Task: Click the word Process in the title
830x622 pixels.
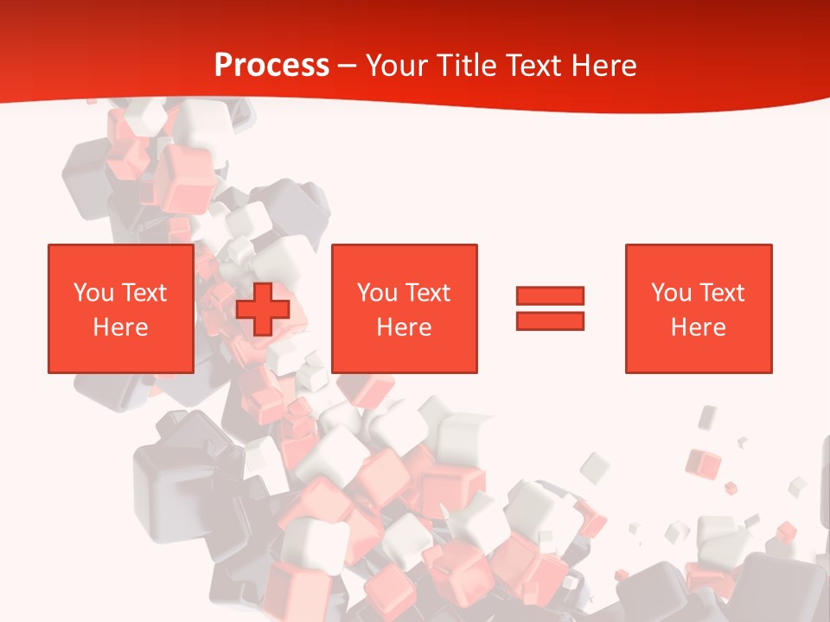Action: coord(271,66)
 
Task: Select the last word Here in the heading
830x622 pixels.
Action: coord(605,66)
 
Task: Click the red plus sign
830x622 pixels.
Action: coord(263,309)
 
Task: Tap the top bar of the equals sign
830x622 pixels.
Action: coord(550,295)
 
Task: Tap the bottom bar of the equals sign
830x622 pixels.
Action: coord(550,321)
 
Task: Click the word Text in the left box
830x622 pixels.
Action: coord(143,293)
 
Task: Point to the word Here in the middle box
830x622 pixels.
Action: coord(405,327)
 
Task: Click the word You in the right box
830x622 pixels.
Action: coord(672,293)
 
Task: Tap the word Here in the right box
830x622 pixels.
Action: coord(699,327)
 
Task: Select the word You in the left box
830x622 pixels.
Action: coord(93,293)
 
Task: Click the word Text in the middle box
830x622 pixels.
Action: coord(427,293)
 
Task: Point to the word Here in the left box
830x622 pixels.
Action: coord(120,327)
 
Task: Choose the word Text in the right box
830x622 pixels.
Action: coord(721,293)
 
